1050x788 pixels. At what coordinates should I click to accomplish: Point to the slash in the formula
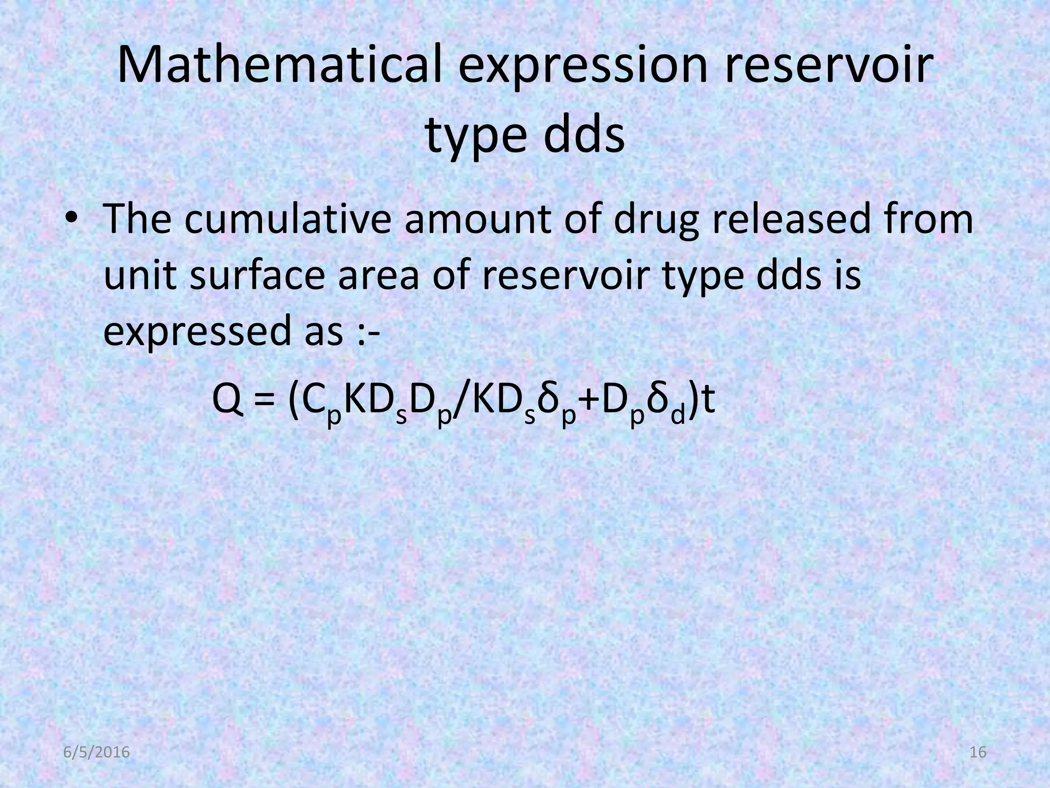460,403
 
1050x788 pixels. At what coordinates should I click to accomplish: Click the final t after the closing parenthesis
709,402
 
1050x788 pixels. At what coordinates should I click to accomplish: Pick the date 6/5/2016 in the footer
96,753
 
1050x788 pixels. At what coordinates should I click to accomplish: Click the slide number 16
978,753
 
